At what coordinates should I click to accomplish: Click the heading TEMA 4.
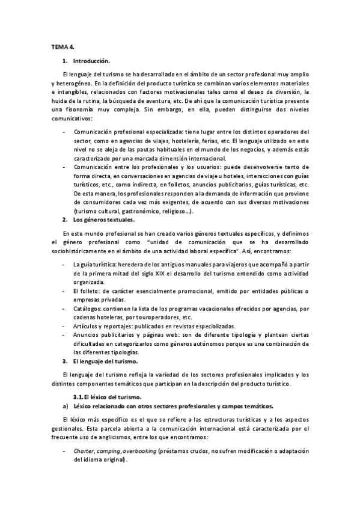click(x=62, y=46)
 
